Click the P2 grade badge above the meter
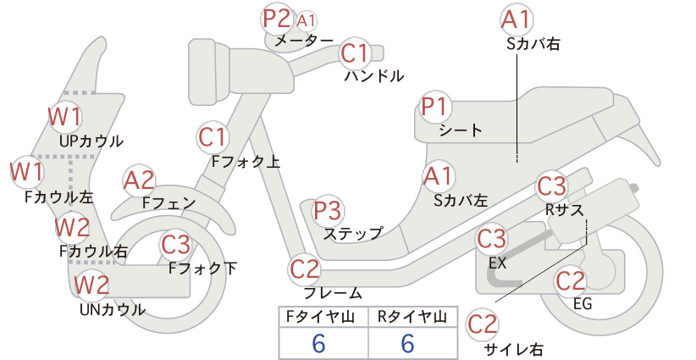click(277, 19)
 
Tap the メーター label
click(304, 41)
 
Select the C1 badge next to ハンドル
click(355, 53)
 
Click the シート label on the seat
click(461, 130)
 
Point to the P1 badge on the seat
click(435, 108)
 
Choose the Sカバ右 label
click(533, 43)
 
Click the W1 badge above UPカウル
click(65, 117)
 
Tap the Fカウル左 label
click(59, 197)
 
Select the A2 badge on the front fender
click(139, 181)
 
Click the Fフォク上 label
click(246, 161)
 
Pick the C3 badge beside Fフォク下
click(176, 245)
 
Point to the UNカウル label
click(113, 309)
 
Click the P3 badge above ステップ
click(328, 211)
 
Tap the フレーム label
click(333, 292)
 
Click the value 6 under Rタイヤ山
click(407, 343)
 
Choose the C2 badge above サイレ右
click(483, 325)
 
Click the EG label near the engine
click(583, 303)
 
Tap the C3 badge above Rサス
click(552, 187)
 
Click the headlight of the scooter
click(209, 72)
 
